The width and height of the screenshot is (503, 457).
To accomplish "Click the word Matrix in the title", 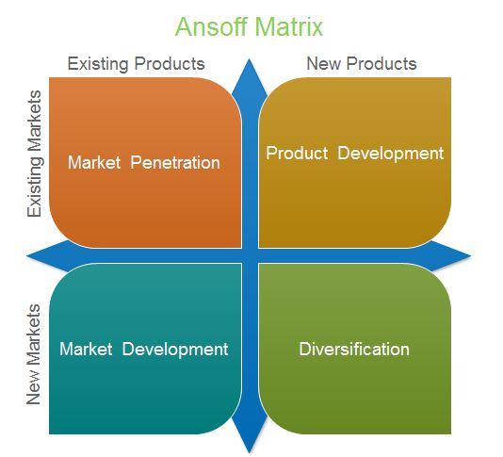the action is (x=289, y=26).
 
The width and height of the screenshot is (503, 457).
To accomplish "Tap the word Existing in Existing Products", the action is (x=98, y=64).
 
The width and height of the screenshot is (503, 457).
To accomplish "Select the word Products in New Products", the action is (x=381, y=63).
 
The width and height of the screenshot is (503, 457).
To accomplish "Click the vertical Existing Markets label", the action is (x=35, y=154).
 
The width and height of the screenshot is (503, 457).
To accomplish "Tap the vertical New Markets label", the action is (x=34, y=354).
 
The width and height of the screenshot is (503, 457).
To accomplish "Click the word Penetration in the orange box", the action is (x=175, y=162).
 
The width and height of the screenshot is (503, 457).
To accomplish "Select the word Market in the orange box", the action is (x=94, y=162).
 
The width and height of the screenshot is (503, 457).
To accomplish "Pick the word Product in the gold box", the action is (x=297, y=153).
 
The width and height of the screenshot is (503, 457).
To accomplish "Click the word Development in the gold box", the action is (x=391, y=154).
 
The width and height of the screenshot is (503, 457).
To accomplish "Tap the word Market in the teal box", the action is (x=86, y=349).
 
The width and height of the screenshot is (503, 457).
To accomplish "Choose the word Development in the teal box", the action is (x=175, y=350).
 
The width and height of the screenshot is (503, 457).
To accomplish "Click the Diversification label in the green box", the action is (x=354, y=349).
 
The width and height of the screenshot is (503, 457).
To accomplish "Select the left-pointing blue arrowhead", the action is (x=48, y=255).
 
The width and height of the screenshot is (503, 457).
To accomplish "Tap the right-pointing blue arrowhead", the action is (x=449, y=255).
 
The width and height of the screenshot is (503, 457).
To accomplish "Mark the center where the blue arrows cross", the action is (x=250, y=255).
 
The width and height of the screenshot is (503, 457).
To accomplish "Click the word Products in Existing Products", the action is (x=170, y=63).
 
